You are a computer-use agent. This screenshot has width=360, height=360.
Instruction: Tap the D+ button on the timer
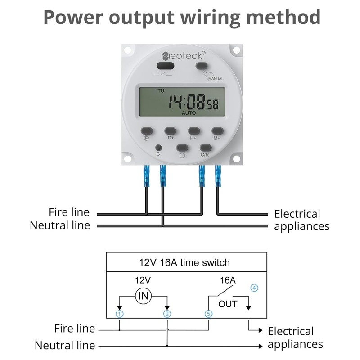tap(171, 130)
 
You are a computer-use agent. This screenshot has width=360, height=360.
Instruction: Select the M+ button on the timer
tap(217, 130)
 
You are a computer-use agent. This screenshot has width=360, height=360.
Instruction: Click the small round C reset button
tap(158, 147)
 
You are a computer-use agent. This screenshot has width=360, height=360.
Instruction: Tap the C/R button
tap(206, 147)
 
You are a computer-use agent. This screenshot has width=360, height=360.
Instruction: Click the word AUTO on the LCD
tap(189, 114)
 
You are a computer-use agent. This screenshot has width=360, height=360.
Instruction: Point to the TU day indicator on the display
tap(161, 90)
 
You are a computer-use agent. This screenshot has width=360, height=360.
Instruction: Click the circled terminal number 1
tap(119, 314)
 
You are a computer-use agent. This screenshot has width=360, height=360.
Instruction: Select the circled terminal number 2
tap(167, 314)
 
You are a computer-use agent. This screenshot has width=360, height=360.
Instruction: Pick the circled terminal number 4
tap(254, 288)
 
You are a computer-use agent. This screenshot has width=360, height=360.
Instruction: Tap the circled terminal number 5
tap(208, 314)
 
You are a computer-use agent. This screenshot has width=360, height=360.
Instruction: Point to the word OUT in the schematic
tap(228, 304)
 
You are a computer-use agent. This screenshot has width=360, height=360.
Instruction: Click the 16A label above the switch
tap(228, 280)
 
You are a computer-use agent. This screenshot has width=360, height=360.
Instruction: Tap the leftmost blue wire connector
tap(146, 175)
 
